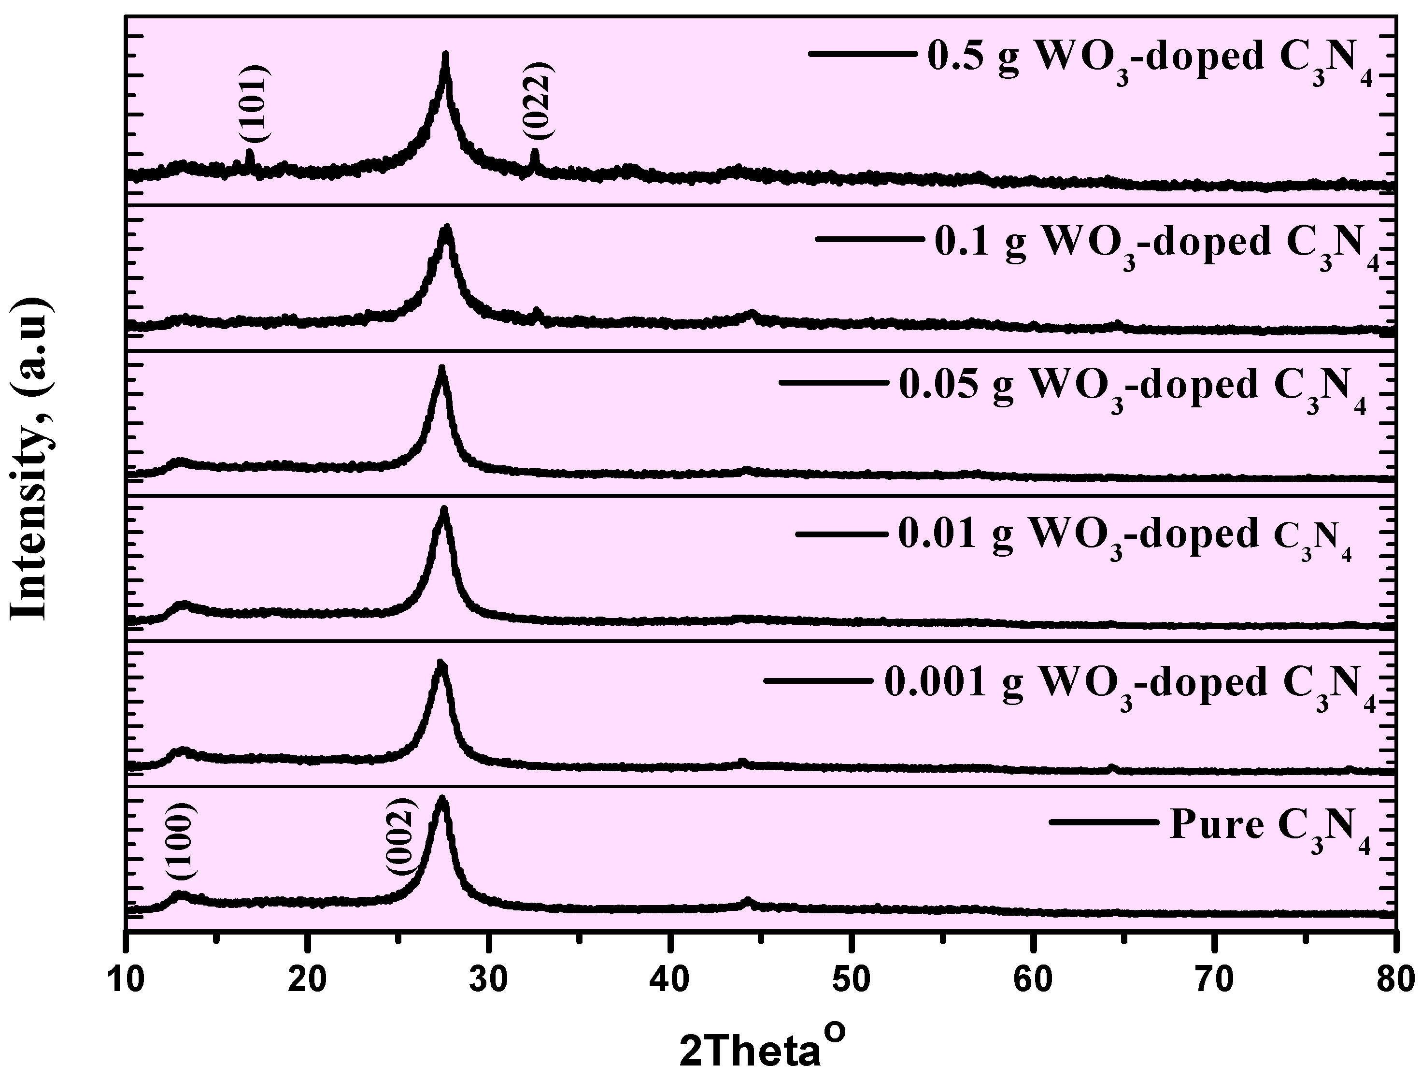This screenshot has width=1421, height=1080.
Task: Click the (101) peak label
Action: click(x=259, y=103)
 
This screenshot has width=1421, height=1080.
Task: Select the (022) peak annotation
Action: click(x=537, y=101)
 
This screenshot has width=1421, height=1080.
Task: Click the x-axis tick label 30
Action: click(x=489, y=980)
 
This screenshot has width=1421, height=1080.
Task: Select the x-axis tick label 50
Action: click(x=852, y=980)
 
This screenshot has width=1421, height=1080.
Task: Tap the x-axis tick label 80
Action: click(x=1394, y=980)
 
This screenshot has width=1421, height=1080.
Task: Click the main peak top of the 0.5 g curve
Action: click(x=445, y=55)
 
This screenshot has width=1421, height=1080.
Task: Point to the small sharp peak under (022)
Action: click(x=534, y=152)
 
